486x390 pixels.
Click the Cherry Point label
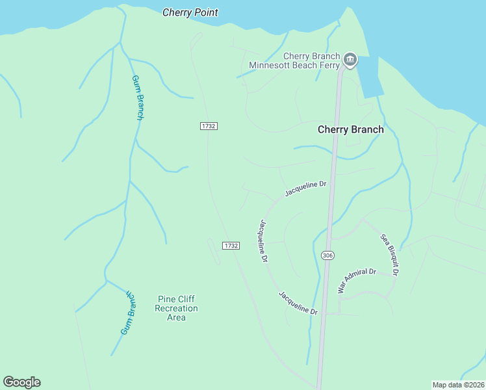click(x=190, y=12)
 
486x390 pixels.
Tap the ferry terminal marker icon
click(x=350, y=60)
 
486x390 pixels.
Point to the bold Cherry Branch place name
click(x=350, y=129)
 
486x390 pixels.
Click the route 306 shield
click(x=327, y=256)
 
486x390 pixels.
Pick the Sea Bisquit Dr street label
click(x=389, y=254)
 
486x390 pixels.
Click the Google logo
click(x=21, y=382)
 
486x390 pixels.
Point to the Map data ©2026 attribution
click(x=457, y=384)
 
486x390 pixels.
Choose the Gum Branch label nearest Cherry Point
click(x=138, y=97)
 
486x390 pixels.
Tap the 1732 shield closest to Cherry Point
click(x=208, y=125)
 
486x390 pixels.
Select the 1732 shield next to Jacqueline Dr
click(x=231, y=245)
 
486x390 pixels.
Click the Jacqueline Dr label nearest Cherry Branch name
click(x=305, y=188)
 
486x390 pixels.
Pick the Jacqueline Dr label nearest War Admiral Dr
click(x=298, y=303)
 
